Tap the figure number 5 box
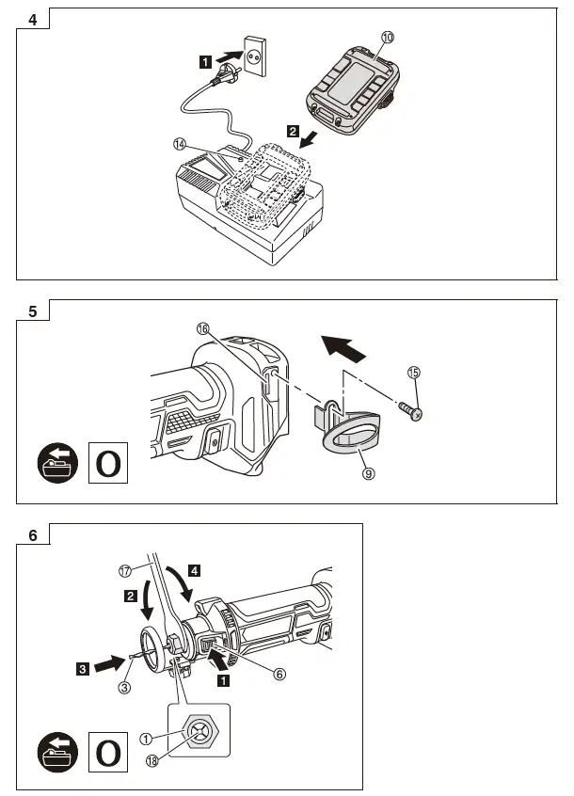33,311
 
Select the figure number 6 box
33,535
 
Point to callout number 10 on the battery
388,38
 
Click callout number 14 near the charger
180,145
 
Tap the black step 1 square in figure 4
204,62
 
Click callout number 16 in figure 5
202,328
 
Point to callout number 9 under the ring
369,474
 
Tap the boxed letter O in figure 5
108,464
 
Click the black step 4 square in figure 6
193,569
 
